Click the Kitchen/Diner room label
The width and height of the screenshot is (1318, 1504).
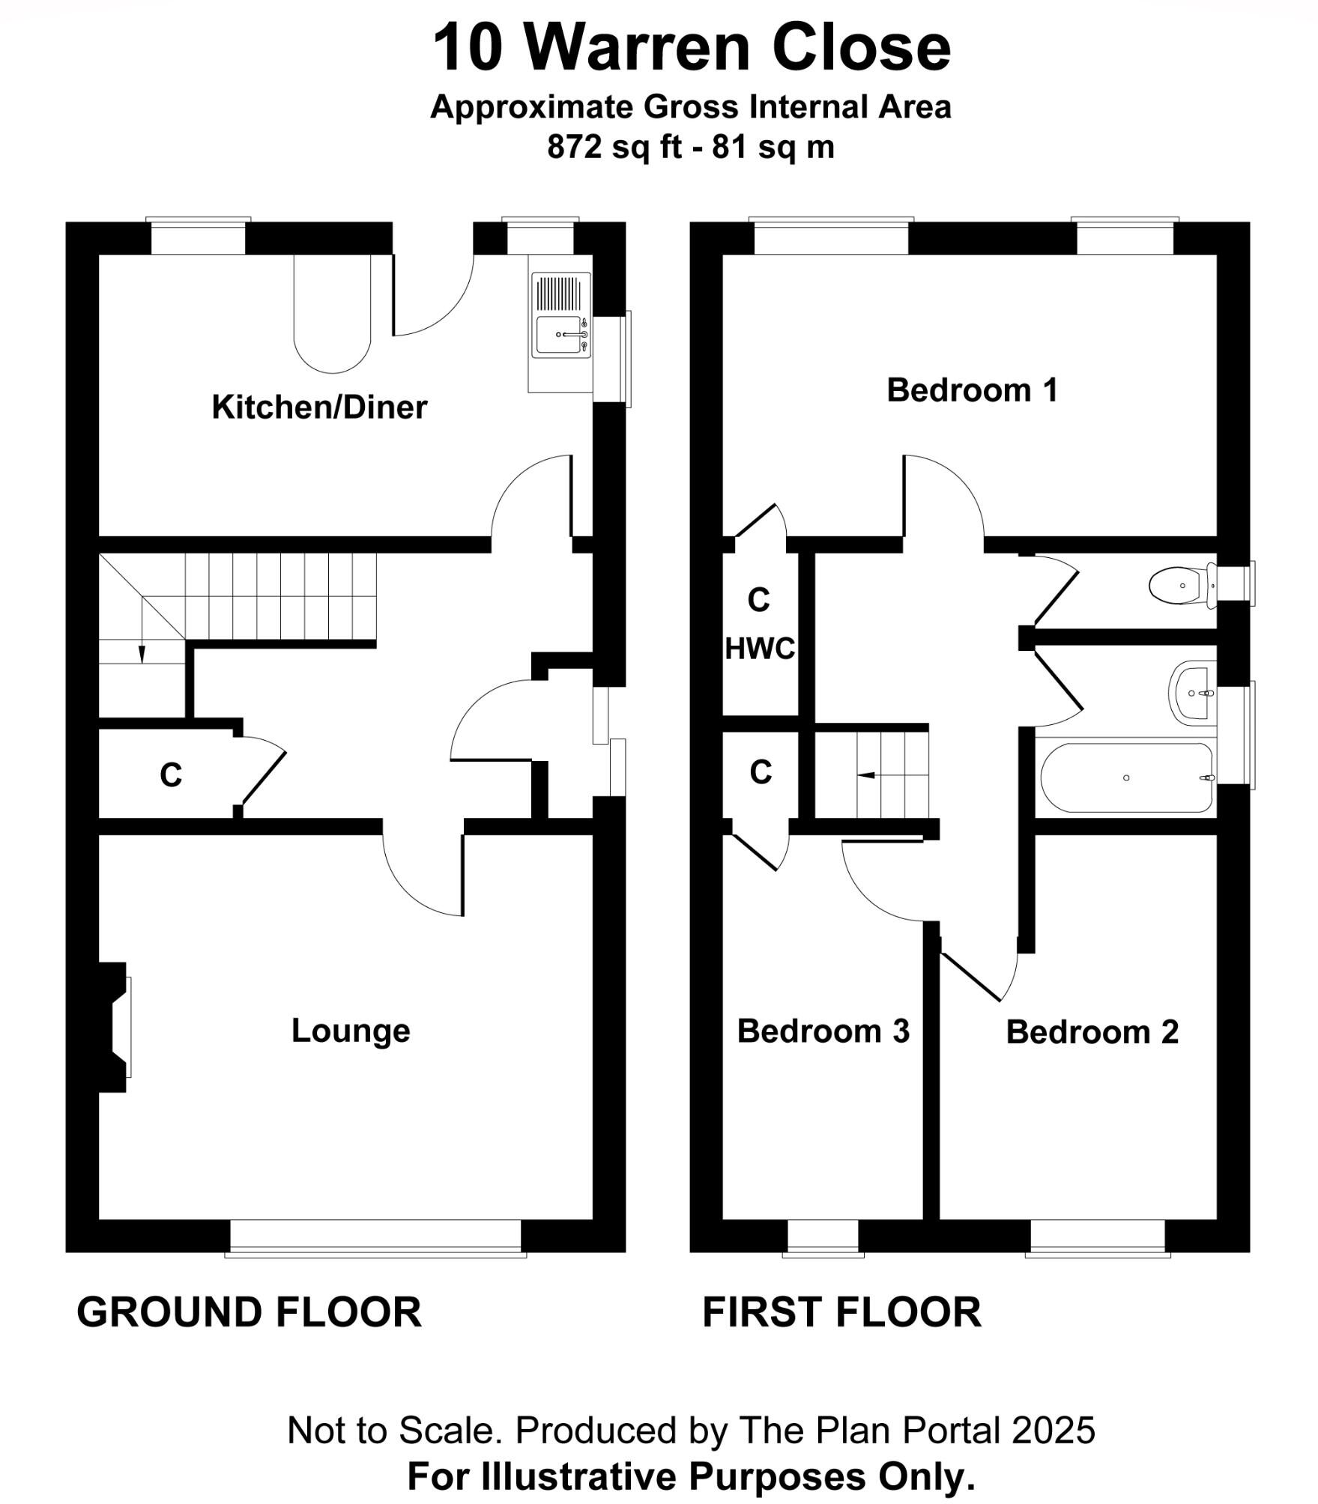(319, 407)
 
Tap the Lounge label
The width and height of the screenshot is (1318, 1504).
(351, 1031)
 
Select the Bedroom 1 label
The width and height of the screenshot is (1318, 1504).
(972, 390)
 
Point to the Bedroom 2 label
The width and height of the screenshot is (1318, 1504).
(1092, 1032)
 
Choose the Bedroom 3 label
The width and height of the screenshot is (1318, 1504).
(823, 1031)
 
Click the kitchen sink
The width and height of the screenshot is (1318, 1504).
(560, 334)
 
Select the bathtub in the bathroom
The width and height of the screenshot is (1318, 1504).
(1125, 777)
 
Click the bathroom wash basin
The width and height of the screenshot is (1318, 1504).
(1192, 694)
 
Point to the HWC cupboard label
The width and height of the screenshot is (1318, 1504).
(760, 649)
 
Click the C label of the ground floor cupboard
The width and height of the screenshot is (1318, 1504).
(171, 775)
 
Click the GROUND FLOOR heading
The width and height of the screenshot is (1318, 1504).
(249, 1312)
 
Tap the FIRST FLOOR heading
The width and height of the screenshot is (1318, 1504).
(841, 1312)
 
